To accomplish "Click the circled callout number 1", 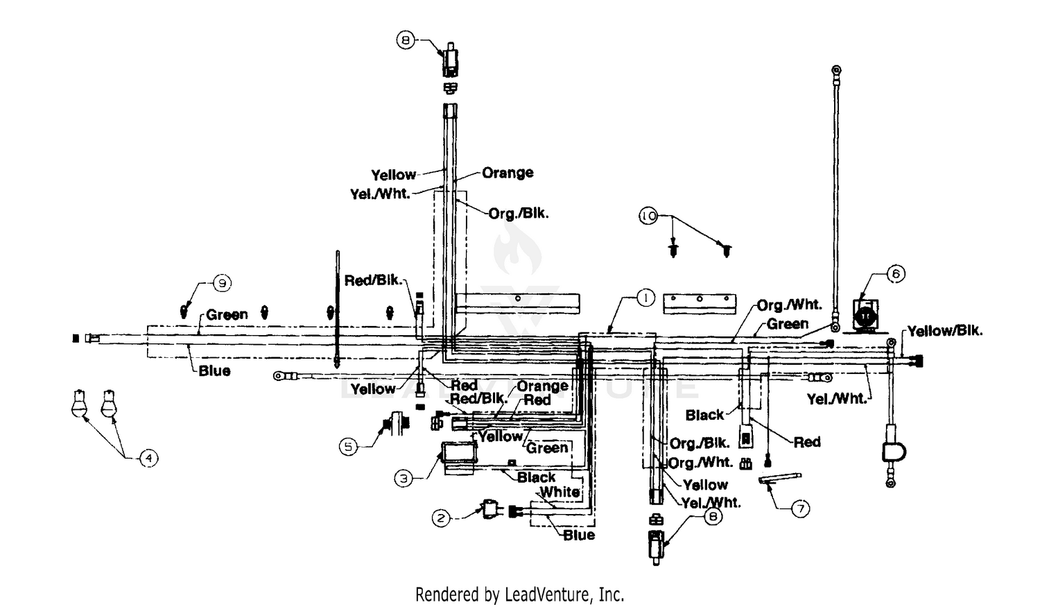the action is tap(645, 298).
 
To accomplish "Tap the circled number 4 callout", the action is tap(148, 459).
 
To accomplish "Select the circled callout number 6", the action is tap(896, 274).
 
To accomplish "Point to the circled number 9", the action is tap(222, 283).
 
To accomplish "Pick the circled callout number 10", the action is tap(648, 216).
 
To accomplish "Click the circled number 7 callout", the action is tap(800, 508).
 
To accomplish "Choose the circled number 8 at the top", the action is tap(406, 40).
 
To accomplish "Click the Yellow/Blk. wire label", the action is tap(945, 331).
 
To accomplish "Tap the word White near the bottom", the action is tap(560, 491).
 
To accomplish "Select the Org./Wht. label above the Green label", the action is tap(789, 305).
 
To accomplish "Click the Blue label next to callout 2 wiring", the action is tap(579, 535).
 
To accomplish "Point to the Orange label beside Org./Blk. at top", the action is tap(508, 173).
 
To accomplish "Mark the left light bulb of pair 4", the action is tap(80, 403).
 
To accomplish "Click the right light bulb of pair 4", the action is tap(109, 403).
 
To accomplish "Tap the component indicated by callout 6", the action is tap(865, 317).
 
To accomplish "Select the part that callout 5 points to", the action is tap(396, 424).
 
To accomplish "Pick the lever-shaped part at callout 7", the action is tap(780, 479).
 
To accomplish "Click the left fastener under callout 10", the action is tap(673, 250).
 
